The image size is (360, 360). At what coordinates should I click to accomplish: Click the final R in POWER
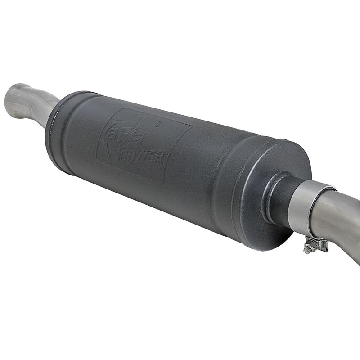click(160, 158)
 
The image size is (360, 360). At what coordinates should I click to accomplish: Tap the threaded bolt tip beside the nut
click(306, 250)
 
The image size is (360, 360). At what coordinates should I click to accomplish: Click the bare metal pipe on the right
click(337, 220)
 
